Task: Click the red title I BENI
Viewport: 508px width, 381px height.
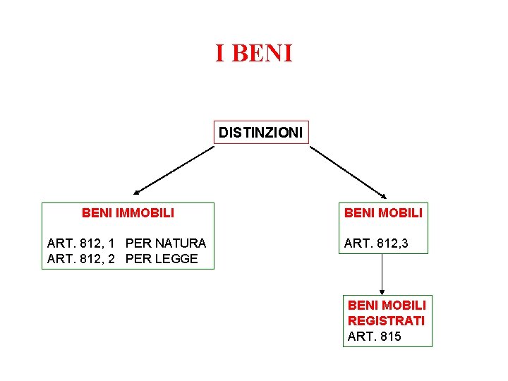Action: pyautogui.click(x=253, y=53)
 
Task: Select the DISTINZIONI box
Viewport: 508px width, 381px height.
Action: pyautogui.click(x=261, y=132)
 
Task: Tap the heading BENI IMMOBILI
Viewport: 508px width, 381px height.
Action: pyautogui.click(x=128, y=212)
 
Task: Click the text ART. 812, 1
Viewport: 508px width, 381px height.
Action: pyautogui.click(x=81, y=243)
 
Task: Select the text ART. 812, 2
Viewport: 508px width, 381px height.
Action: pyautogui.click(x=81, y=259)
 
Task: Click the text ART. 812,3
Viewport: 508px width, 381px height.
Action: pyautogui.click(x=375, y=243)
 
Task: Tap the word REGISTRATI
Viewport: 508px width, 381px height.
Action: pyautogui.click(x=386, y=320)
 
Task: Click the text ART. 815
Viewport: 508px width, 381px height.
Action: pyautogui.click(x=374, y=337)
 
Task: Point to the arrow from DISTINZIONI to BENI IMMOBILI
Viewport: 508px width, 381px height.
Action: pyautogui.click(x=174, y=169)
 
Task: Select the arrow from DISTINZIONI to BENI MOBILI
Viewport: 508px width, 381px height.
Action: pyautogui.click(x=349, y=171)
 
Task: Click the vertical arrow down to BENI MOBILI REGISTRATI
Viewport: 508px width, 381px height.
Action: pyautogui.click(x=382, y=274)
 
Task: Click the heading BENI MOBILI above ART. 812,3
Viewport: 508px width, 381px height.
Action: pyautogui.click(x=382, y=212)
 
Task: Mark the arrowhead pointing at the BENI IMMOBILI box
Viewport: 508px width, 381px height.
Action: pyautogui.click(x=137, y=191)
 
